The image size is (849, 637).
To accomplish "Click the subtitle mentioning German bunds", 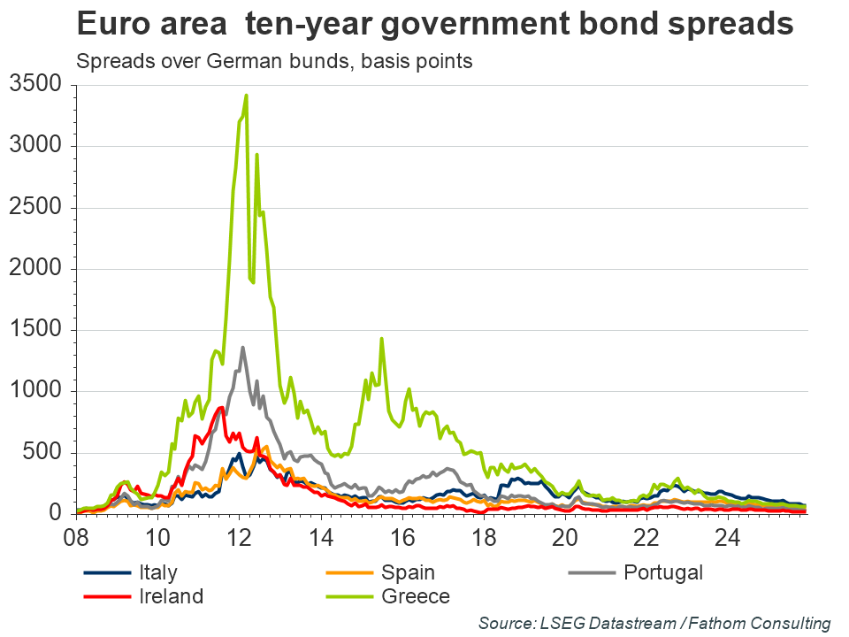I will pos(274,62).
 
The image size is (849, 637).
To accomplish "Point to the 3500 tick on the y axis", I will pos(34,85).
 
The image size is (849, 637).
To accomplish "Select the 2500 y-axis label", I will pos(34,208).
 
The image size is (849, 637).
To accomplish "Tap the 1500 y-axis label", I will pos(34,330).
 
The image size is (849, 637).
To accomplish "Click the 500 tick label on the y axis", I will pos(42,453).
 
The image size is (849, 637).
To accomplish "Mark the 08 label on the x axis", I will pos(76,536).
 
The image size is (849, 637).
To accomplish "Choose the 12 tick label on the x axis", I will pos(239,536).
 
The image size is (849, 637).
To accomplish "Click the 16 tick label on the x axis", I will pos(402,536).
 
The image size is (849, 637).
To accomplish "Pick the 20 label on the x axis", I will pos(565,536).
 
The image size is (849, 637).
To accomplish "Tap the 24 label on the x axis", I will pos(728,536).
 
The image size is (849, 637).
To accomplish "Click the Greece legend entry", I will pos(416,595).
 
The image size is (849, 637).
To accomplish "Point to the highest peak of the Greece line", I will pos(246,96).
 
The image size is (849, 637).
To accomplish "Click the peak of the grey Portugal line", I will pos(242,348).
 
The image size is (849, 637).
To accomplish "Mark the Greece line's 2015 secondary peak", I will pos(381,339).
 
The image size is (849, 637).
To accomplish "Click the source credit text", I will pos(654,623).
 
